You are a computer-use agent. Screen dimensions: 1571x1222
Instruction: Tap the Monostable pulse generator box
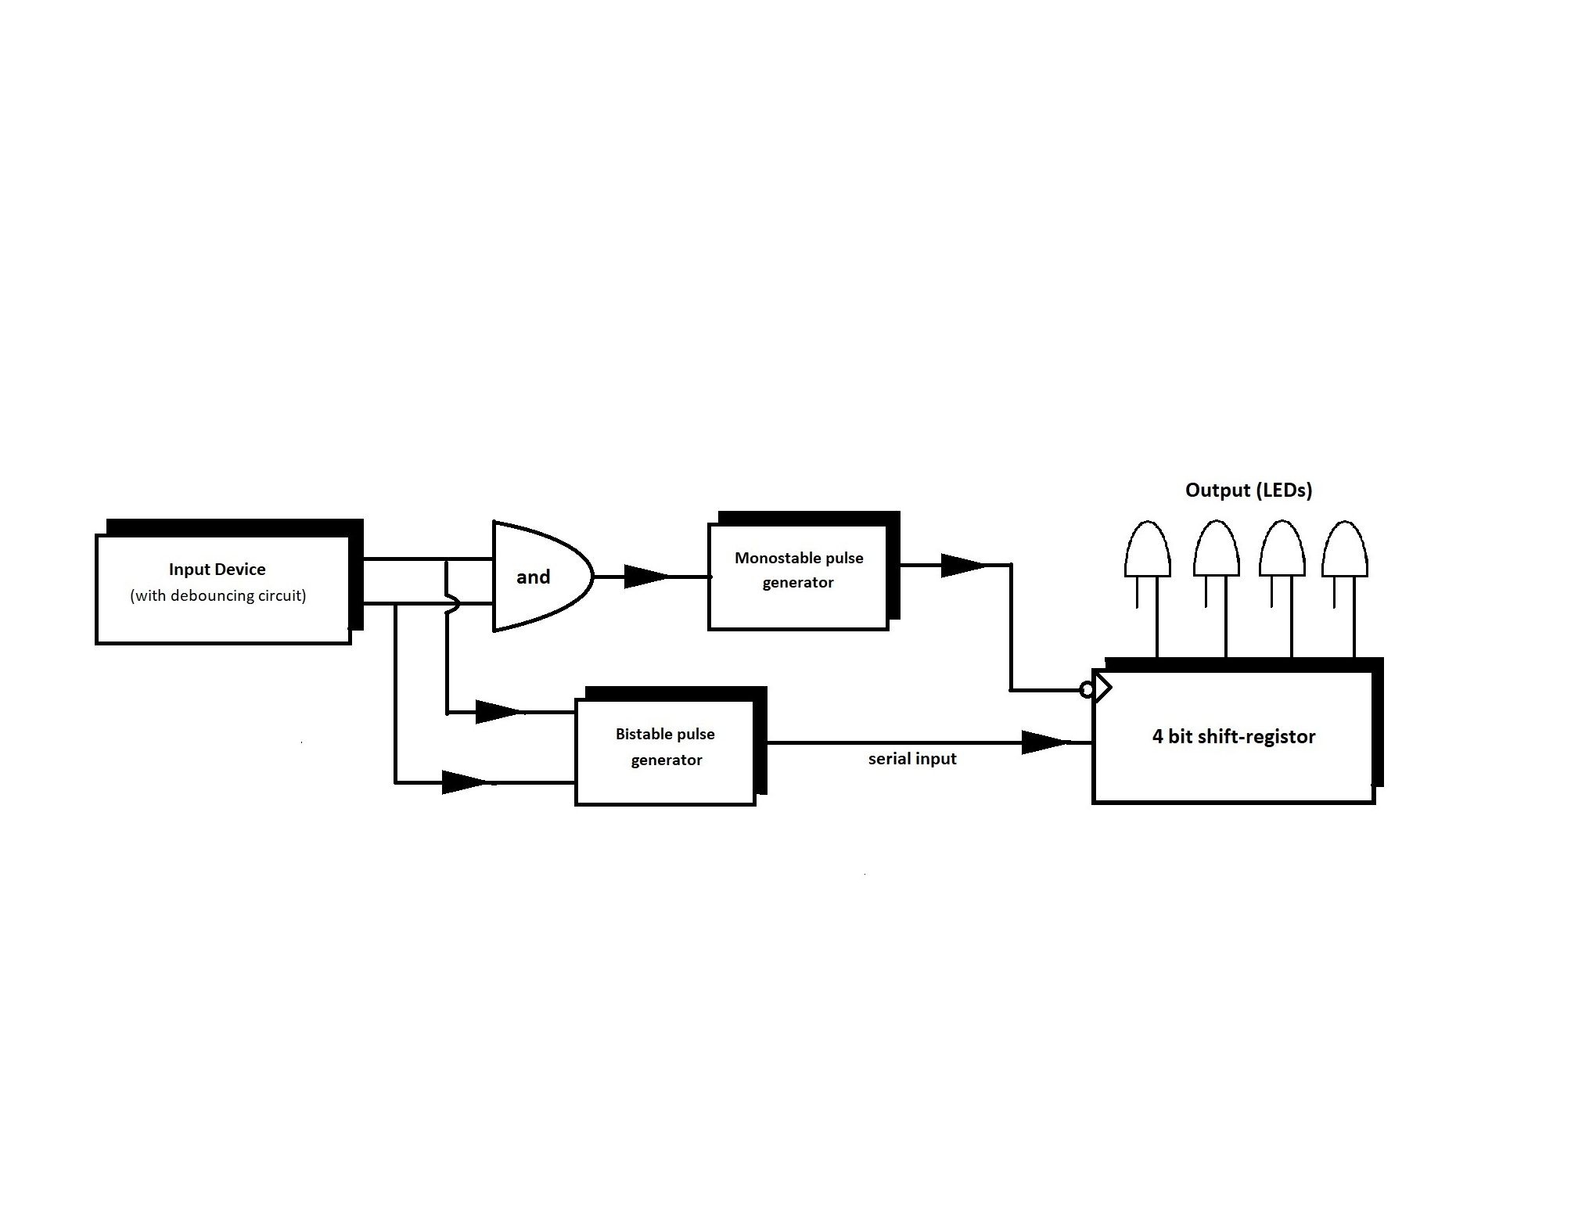pos(804,570)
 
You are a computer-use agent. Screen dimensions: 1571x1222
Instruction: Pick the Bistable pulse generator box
pos(670,746)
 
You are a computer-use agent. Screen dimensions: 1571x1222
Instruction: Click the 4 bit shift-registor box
pos(1238,731)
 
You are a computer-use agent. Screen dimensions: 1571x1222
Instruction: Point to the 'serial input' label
pos(912,759)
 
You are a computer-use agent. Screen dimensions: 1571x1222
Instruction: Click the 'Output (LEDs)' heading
pos(1249,491)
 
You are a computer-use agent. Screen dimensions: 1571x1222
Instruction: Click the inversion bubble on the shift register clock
pos(1087,690)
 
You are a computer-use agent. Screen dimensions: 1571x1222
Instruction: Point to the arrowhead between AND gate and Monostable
pos(647,577)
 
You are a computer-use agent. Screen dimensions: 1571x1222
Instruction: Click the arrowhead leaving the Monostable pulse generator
pos(963,565)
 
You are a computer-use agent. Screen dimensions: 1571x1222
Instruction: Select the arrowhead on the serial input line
pos(1045,742)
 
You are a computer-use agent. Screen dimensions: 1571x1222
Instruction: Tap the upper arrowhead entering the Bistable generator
pos(499,712)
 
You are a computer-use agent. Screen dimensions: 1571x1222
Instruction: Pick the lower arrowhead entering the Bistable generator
pos(466,782)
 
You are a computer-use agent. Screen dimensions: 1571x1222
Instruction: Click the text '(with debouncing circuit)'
pos(218,596)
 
